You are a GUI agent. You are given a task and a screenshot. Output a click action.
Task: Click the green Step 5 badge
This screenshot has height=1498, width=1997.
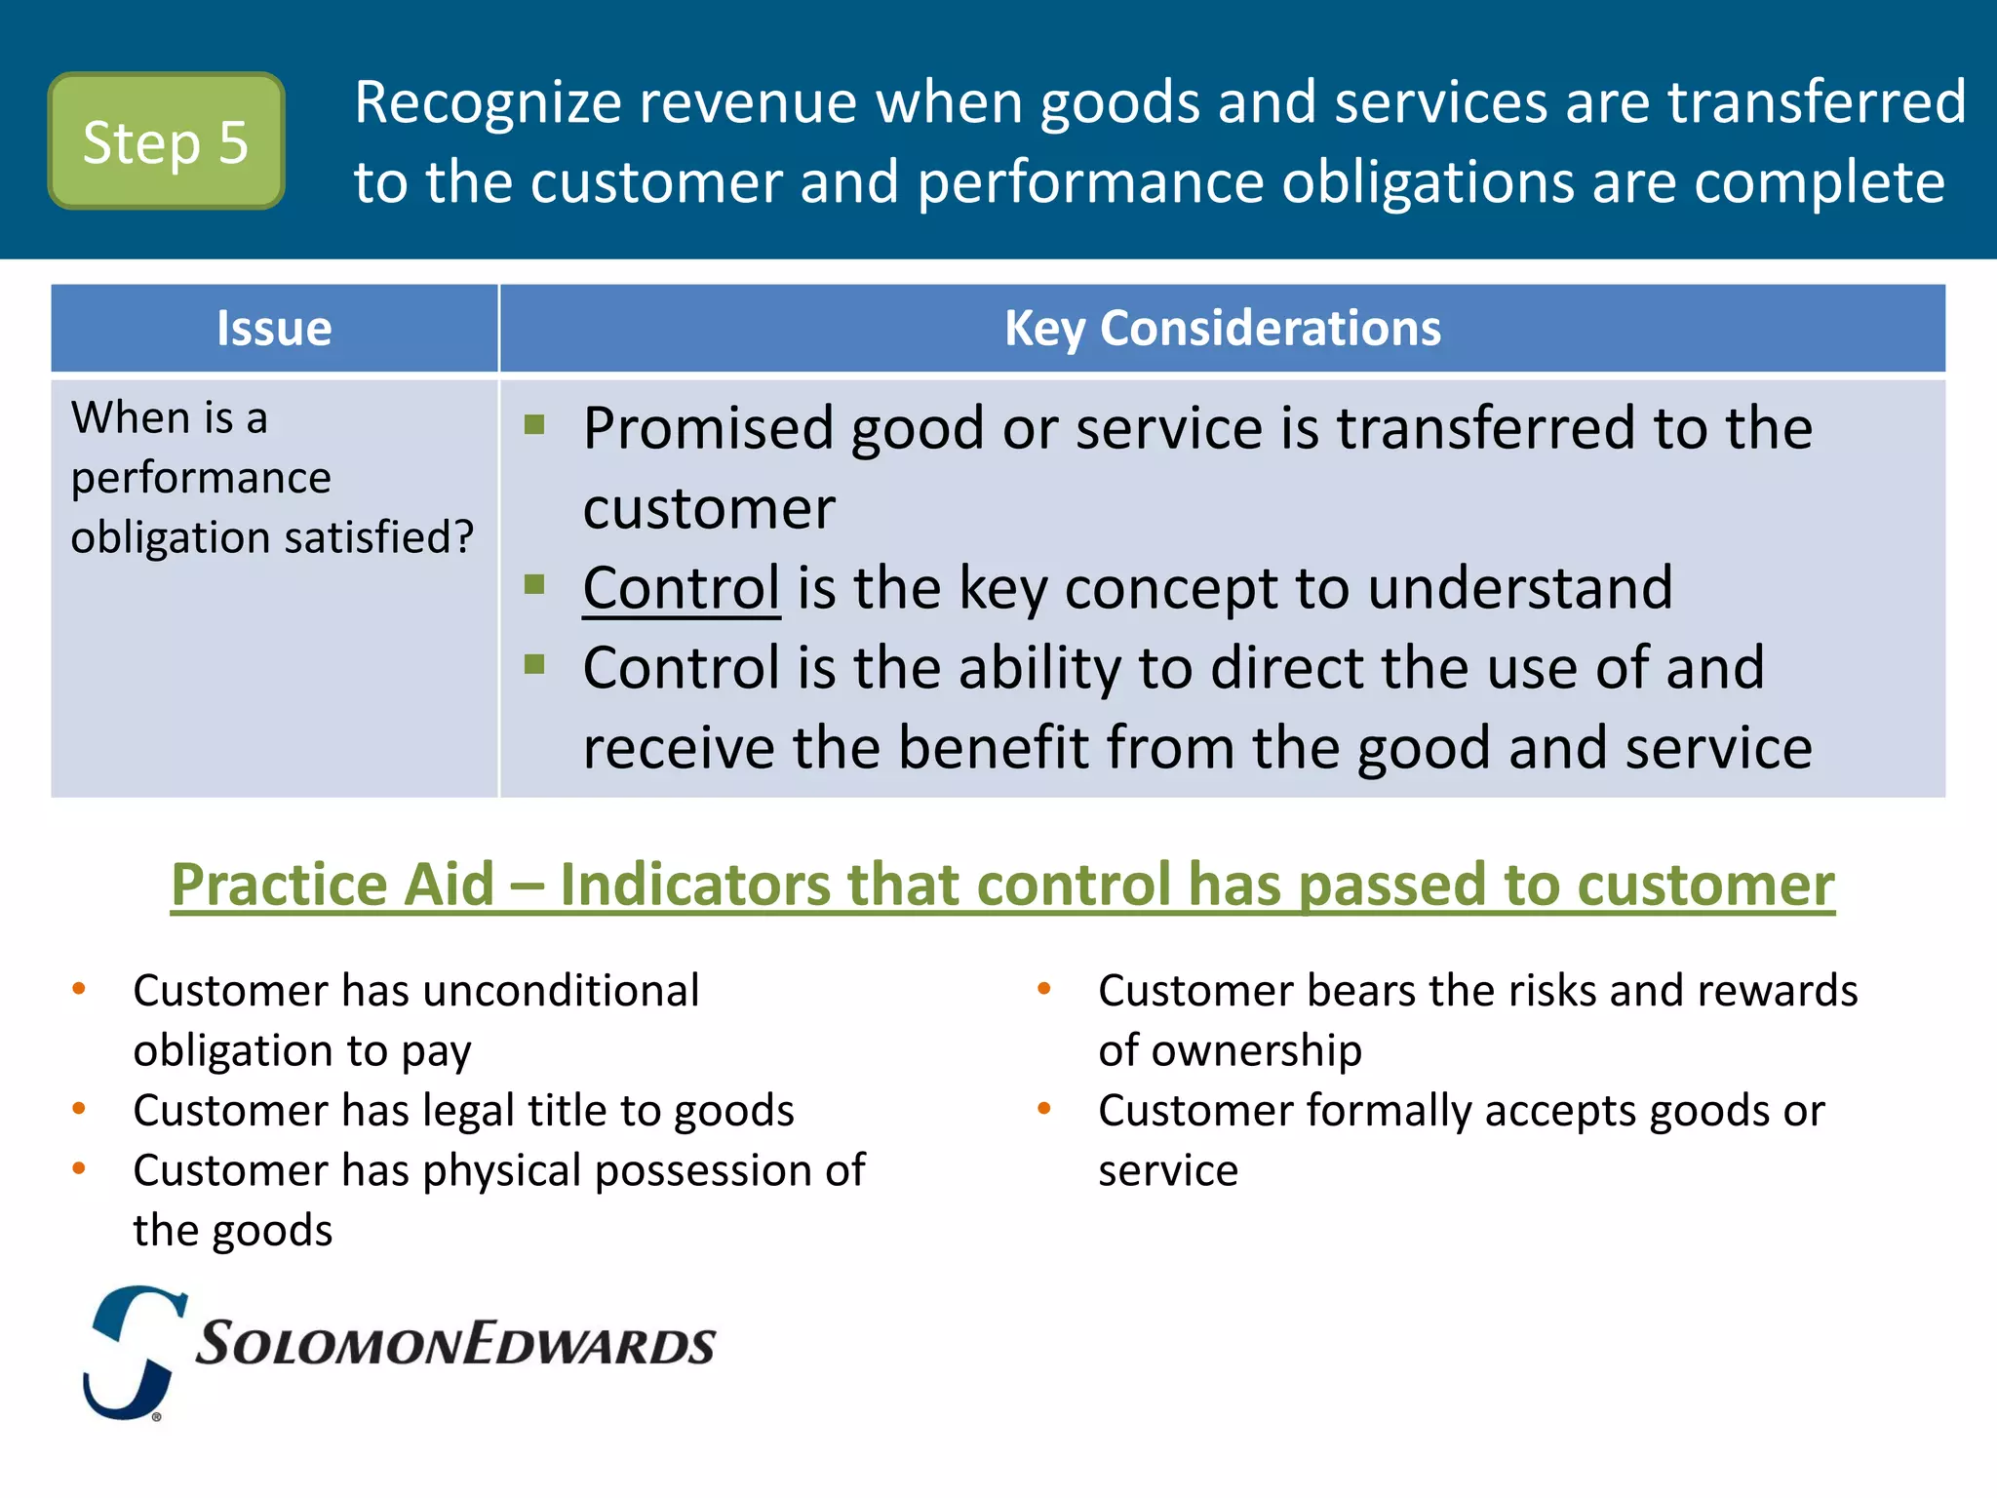click(x=166, y=141)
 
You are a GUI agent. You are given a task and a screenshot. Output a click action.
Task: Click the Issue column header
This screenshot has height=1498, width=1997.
click(x=274, y=329)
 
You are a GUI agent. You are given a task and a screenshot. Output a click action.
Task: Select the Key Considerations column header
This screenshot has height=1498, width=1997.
click(x=1222, y=329)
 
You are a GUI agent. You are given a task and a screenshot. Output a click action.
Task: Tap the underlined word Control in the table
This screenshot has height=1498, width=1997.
click(x=681, y=588)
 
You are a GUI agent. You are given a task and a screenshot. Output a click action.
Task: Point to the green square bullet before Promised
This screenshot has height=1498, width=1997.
click(x=534, y=424)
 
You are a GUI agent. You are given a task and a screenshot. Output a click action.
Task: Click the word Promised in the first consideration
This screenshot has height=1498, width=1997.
click(x=708, y=428)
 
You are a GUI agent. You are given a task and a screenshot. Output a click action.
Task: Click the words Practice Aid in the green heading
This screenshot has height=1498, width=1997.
click(x=333, y=885)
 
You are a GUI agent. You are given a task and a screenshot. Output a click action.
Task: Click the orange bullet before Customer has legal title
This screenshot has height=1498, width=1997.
click(x=79, y=1109)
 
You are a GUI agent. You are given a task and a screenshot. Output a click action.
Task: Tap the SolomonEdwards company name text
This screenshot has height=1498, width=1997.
click(x=455, y=1345)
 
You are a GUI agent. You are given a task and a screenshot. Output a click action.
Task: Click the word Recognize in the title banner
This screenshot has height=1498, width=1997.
click(x=488, y=103)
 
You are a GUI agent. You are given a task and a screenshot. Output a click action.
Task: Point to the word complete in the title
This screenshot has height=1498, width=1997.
click(x=1819, y=182)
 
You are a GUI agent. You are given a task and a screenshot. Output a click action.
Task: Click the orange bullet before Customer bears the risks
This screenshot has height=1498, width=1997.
click(x=1044, y=989)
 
